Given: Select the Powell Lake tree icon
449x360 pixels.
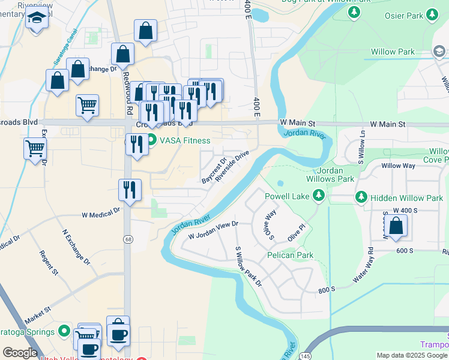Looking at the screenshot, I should click(319, 195).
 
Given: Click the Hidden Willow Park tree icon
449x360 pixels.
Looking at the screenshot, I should click(361, 197).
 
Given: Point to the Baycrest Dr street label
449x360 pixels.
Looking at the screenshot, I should click(214, 170).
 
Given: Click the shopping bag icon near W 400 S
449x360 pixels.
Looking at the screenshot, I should click(396, 227).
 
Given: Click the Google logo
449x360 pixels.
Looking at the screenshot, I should click(20, 353).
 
